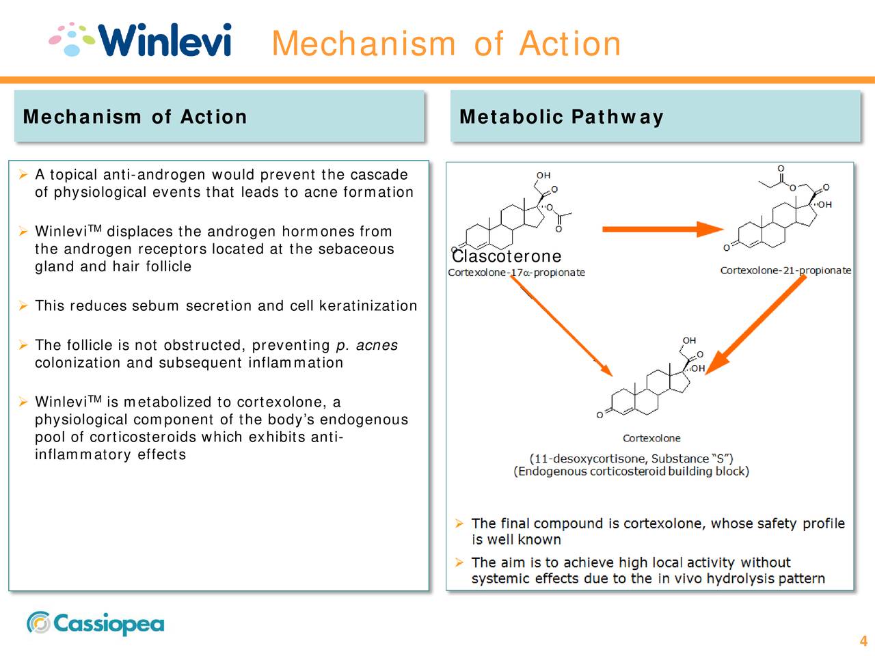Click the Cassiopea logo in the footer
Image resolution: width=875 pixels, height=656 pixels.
click(96, 623)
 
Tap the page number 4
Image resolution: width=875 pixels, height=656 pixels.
click(863, 641)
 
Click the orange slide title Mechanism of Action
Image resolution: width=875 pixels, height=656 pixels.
click(446, 44)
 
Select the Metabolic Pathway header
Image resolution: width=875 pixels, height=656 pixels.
click(561, 117)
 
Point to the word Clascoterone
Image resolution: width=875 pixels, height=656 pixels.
click(507, 256)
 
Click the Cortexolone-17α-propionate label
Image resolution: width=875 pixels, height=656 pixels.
click(516, 273)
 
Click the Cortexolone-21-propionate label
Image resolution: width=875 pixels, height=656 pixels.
click(785, 271)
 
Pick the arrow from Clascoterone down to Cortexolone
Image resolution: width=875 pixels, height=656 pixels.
click(561, 325)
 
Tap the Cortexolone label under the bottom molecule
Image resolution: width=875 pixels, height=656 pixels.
click(651, 438)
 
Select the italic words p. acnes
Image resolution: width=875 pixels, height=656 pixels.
click(366, 345)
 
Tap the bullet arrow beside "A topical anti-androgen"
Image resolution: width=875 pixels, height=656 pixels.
click(23, 175)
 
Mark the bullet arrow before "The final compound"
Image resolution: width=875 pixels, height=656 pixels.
click(459, 523)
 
